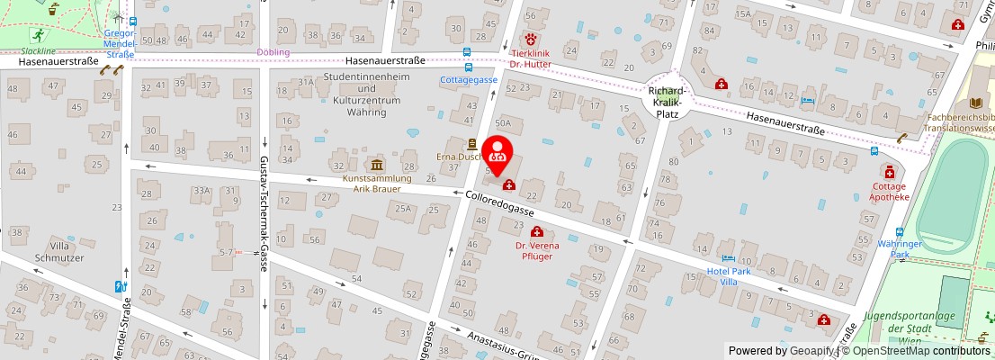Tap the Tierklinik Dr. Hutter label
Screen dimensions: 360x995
530,58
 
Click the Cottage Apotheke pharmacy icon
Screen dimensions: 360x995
889,172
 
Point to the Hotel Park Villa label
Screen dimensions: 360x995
729,276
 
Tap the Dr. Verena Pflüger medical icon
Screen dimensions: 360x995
537,232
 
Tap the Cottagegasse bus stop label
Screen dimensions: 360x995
469,80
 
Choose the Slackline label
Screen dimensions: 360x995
39,51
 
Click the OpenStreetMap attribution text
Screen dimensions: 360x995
918,351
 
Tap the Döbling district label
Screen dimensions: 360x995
273,52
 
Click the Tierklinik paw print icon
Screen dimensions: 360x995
531,40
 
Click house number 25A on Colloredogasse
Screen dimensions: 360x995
403,209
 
